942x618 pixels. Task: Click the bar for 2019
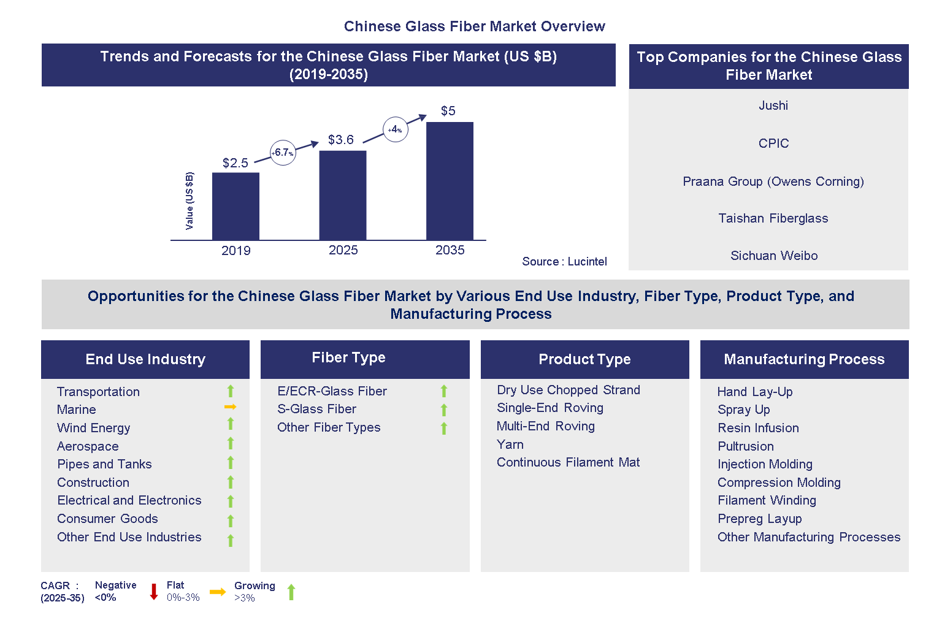coord(235,206)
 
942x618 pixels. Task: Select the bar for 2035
coord(450,181)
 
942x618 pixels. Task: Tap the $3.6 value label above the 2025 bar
coord(340,140)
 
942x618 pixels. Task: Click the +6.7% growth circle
coord(283,153)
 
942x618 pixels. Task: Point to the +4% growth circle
coord(395,129)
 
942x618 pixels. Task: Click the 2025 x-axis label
coord(343,250)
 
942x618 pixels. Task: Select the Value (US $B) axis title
coord(190,201)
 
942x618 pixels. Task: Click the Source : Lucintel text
coord(564,262)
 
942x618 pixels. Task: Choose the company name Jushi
coord(773,105)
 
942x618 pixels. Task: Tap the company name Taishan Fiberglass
coord(773,218)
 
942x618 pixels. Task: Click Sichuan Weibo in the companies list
coord(773,256)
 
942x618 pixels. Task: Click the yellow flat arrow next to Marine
coord(230,407)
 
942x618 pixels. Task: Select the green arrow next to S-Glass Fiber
coord(444,410)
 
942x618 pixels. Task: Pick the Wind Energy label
coord(93,428)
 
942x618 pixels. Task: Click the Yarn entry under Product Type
coord(510,444)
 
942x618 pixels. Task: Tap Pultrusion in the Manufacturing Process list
coord(745,446)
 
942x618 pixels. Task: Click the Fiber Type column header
coord(348,358)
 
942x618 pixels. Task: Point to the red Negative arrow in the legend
coord(154,592)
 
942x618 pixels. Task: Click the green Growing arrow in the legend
coord(291,592)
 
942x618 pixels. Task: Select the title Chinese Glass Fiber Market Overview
coord(474,26)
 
